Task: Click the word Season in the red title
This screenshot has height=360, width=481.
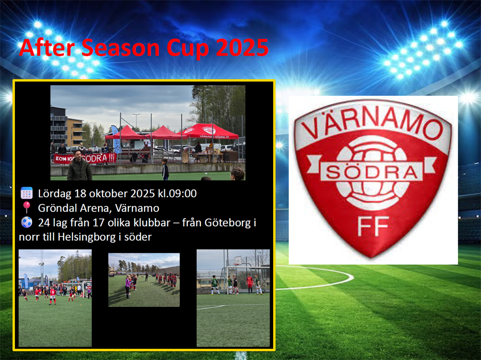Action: click(x=121, y=48)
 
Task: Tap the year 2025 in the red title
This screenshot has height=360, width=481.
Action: click(x=243, y=48)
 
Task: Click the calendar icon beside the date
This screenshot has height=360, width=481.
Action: click(x=27, y=193)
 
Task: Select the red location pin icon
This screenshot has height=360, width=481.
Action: click(x=27, y=207)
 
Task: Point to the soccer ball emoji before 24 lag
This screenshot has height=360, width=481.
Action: click(x=27, y=222)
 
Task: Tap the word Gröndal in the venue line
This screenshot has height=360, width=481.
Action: click(x=58, y=208)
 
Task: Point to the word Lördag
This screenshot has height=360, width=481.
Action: click(x=55, y=194)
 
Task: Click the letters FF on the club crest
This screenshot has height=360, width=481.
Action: click(x=373, y=226)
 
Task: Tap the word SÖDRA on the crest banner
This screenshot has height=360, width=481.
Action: click(x=371, y=172)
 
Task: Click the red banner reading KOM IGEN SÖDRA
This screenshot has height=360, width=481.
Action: click(x=85, y=158)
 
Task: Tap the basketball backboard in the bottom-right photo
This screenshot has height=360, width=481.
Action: click(x=237, y=261)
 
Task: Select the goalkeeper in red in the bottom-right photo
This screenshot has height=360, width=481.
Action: click(x=250, y=284)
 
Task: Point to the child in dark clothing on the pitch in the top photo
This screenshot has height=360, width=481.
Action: click(x=165, y=169)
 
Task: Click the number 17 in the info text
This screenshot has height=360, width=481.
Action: click(x=99, y=223)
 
